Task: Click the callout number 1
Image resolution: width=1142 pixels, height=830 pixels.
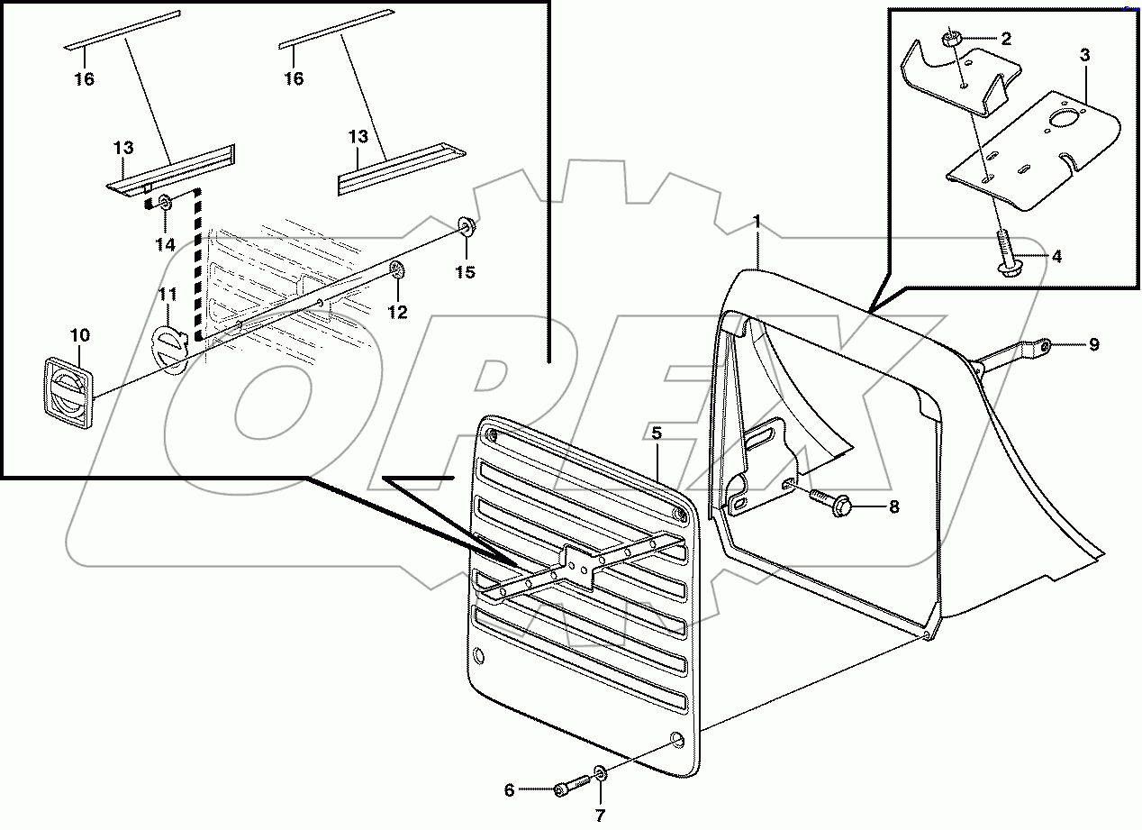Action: [x=757, y=221]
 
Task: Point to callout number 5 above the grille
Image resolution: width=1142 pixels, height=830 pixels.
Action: [x=657, y=433]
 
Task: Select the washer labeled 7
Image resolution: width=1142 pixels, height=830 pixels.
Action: [x=599, y=775]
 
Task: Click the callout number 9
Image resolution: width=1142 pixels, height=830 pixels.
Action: [x=1093, y=343]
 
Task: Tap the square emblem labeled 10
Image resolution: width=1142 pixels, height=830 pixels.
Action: [x=68, y=388]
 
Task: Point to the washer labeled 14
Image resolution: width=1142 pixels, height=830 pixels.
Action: [x=166, y=201]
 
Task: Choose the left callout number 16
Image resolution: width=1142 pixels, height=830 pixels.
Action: [x=84, y=79]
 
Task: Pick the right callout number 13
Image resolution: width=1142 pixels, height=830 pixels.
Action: [x=358, y=137]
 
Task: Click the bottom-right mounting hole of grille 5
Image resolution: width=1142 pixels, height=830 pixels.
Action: [x=676, y=742]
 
